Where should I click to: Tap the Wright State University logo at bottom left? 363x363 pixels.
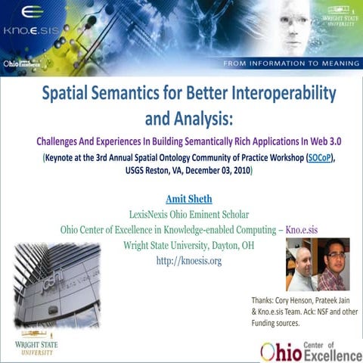tap(36, 348)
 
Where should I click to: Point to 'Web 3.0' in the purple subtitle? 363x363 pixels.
tap(312, 140)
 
